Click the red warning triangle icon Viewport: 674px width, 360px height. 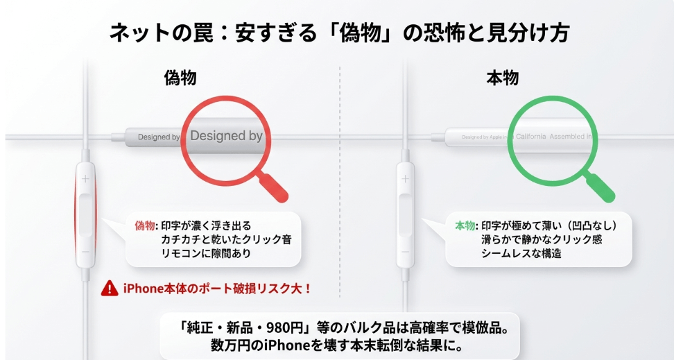tap(109, 288)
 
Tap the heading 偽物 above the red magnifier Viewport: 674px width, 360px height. tap(180, 78)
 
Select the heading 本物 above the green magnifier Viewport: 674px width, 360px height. tap(502, 78)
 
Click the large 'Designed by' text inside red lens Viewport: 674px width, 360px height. tap(226, 136)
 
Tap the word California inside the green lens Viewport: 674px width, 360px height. tap(531, 137)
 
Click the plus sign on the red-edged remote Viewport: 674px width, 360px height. tap(85, 179)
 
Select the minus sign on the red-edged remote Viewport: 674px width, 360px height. tap(85, 250)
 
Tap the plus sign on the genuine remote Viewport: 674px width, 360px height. tap(405, 179)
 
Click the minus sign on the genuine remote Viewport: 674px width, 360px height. tap(405, 250)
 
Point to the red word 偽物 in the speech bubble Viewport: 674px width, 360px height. tap(145, 226)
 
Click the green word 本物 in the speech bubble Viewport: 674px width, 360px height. tap(465, 226)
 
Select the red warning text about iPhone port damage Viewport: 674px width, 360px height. tap(217, 288)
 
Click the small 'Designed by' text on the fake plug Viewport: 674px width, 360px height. tap(159, 137)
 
